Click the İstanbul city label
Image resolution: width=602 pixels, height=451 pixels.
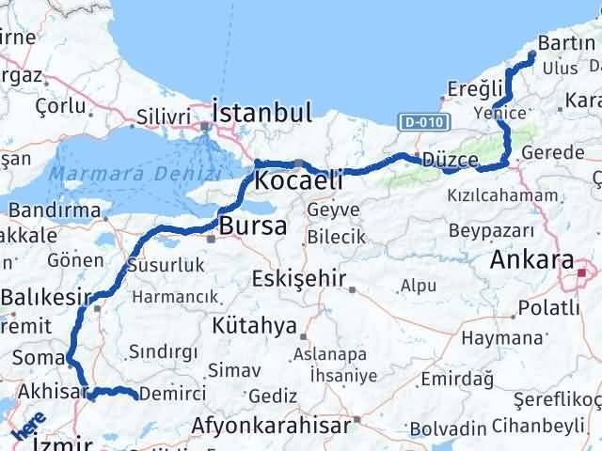click(x=261, y=114)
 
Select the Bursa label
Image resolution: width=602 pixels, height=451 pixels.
click(x=248, y=226)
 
